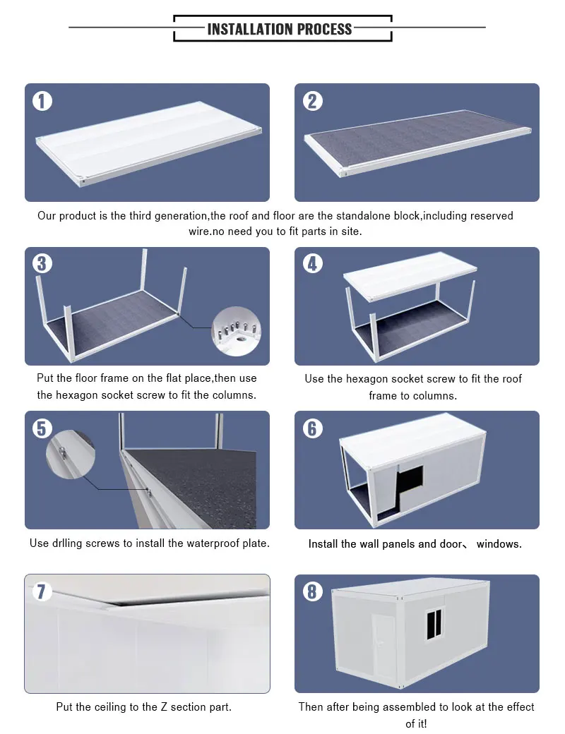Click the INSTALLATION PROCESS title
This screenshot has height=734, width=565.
pos(279,29)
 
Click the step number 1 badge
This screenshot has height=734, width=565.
pos(42,101)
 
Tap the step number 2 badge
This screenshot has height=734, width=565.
pos(312,101)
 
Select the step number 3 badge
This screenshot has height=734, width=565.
pos(42,263)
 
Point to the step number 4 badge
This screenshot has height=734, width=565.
pos(312,263)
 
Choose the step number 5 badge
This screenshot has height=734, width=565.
pos(42,428)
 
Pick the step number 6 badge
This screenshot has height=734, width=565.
pos(312,428)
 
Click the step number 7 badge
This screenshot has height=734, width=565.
pos(42,591)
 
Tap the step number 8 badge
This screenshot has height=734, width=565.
pos(312,591)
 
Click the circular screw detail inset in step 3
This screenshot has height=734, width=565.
pos(237,332)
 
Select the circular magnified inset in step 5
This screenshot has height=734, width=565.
pos(71,454)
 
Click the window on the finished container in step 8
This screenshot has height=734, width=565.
pos(435,623)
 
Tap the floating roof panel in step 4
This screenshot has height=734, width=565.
pos(410,275)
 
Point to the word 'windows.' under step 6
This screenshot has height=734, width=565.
pos(499,544)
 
